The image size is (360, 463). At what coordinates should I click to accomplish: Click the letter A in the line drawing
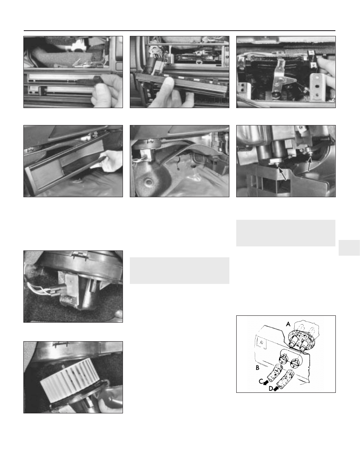tap(288, 324)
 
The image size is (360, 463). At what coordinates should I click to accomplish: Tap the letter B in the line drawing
tap(258, 368)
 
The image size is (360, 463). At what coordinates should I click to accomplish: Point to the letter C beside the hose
tap(261, 382)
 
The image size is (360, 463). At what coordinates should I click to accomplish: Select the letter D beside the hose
tap(271, 389)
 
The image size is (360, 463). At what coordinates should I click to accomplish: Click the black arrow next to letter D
tap(276, 389)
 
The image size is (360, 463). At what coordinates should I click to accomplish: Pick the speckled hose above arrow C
tap(274, 373)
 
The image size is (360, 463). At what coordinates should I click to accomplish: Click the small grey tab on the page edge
tap(350, 248)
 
